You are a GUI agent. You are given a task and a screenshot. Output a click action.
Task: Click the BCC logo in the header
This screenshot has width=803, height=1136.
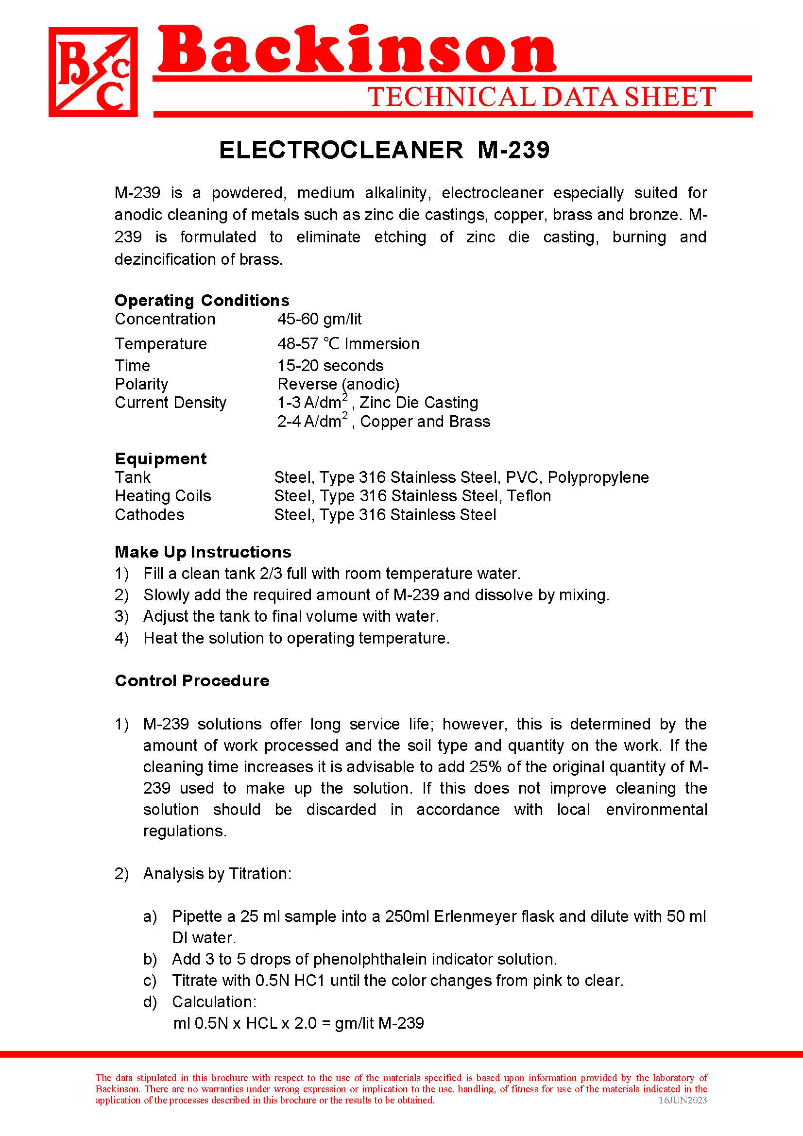[93, 72]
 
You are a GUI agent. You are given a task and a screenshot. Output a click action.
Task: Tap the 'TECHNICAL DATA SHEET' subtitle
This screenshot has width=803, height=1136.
[542, 97]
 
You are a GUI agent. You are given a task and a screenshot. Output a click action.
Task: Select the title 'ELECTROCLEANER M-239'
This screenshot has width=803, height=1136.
[384, 150]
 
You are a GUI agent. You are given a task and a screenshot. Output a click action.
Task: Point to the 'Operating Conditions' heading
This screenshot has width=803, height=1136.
[202, 300]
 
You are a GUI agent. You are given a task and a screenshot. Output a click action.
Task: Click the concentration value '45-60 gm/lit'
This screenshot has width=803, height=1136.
[319, 319]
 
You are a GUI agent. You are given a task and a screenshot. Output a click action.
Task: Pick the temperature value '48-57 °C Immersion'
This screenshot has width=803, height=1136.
[348, 344]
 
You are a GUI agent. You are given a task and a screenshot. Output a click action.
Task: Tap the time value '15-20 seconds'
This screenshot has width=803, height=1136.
[330, 366]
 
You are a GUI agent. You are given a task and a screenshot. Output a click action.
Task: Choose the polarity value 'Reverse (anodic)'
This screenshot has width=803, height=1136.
[338, 384]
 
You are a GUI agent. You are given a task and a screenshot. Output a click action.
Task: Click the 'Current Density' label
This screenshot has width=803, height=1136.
[170, 403]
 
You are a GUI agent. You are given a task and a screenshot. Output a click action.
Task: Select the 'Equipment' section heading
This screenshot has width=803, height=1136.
[160, 458]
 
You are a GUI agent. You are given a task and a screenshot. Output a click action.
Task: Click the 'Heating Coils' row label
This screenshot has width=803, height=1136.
[162, 496]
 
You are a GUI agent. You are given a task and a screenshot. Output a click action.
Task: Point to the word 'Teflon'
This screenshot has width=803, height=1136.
[529, 496]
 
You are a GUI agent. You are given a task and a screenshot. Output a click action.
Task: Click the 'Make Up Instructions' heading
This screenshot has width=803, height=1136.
[203, 552]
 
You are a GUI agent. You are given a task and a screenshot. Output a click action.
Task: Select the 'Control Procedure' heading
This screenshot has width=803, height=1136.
[192, 681]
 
